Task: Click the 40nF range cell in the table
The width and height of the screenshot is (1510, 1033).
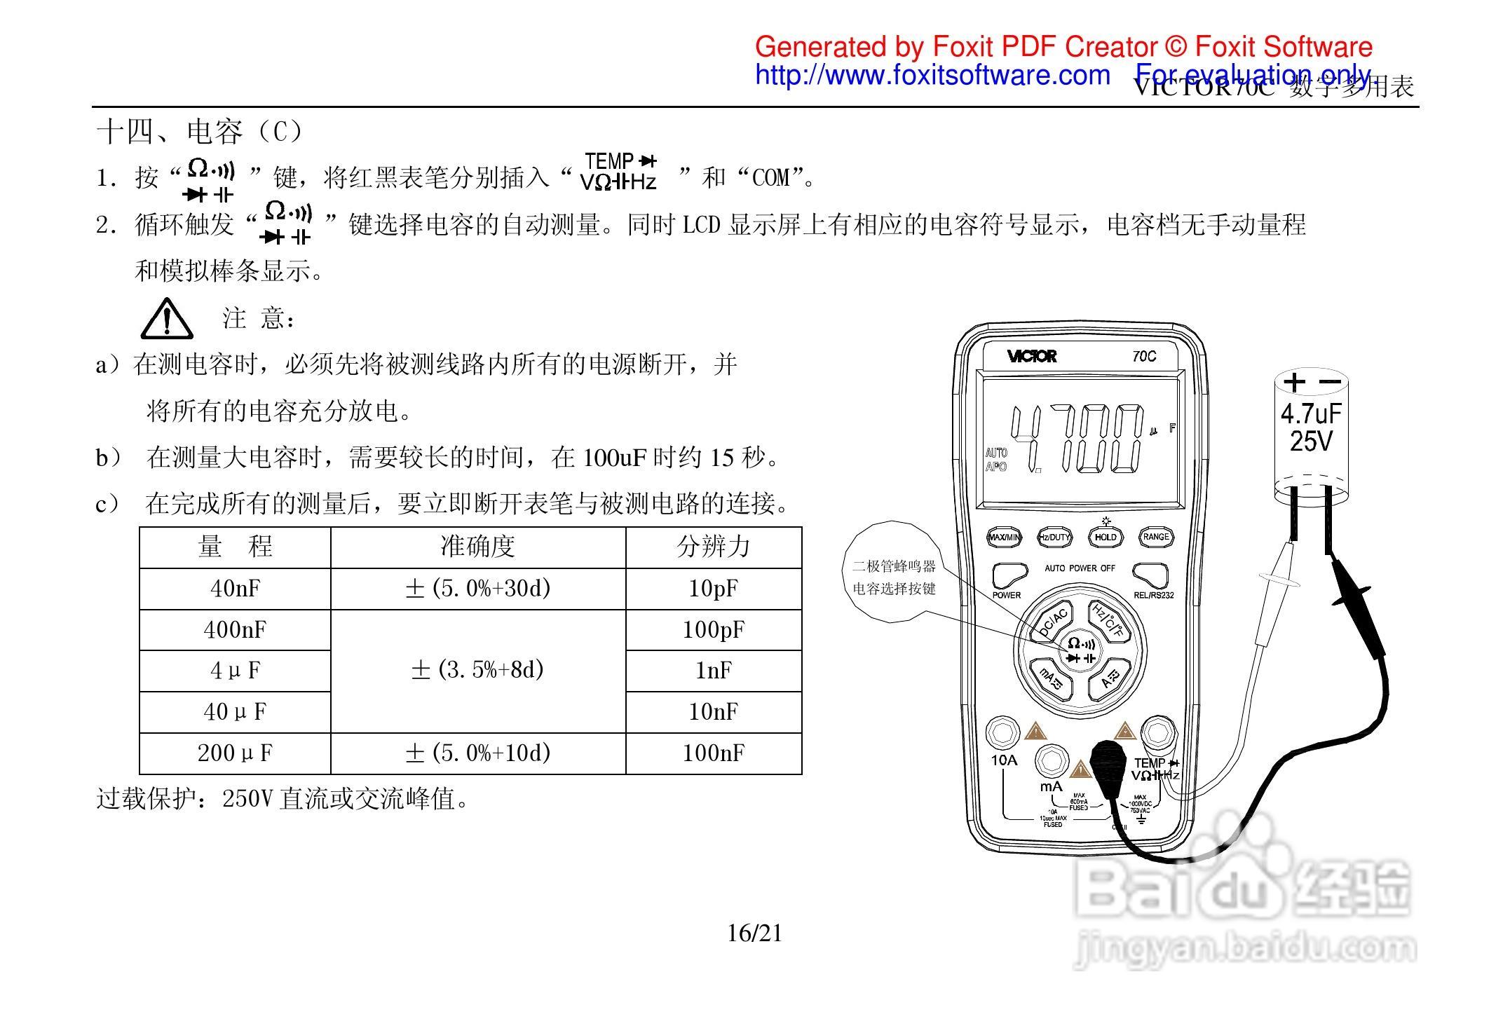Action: [235, 589]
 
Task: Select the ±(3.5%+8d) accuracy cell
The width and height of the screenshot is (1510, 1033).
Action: [477, 671]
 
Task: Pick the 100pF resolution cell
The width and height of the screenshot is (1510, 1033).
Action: [713, 630]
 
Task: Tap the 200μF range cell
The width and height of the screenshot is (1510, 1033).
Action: [235, 753]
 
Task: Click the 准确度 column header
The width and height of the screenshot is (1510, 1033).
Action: [477, 547]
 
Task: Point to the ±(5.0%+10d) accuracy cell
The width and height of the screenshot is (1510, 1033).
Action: [477, 753]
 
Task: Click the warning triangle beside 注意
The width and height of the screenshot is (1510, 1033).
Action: [167, 319]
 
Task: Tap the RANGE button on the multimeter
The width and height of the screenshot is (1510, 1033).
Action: [1156, 538]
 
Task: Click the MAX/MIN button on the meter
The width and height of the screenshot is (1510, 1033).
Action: [1005, 538]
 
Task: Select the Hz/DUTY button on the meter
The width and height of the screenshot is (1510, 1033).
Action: [1054, 538]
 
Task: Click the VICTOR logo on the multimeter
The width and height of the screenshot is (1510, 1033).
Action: [1031, 357]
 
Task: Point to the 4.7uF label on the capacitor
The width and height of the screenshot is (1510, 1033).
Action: [1310, 413]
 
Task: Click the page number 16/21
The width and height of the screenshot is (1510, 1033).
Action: [754, 933]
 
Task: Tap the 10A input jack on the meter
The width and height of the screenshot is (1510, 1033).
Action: [1003, 733]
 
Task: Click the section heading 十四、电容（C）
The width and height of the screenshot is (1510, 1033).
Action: [200, 132]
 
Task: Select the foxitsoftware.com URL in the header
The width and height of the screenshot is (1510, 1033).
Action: [932, 75]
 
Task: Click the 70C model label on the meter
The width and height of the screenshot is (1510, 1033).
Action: [1144, 357]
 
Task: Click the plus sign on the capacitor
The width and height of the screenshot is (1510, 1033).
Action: [1294, 382]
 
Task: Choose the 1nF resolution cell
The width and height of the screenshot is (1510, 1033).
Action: [713, 671]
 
